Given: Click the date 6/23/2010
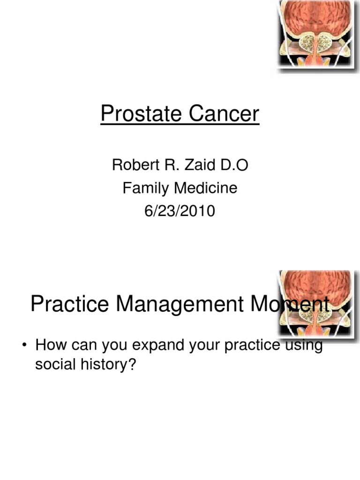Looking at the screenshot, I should pyautogui.click(x=180, y=211).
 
